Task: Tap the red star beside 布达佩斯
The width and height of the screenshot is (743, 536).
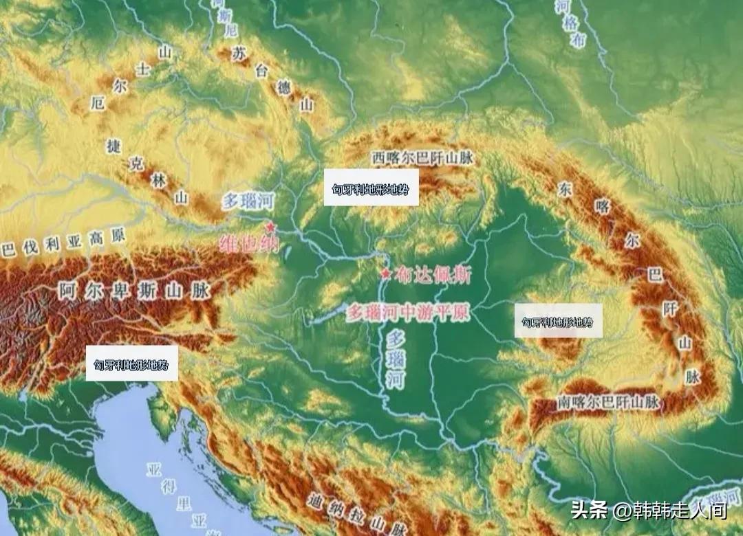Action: point(386,275)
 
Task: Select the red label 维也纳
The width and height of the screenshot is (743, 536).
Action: point(249,244)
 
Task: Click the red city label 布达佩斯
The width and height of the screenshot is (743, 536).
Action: point(433,276)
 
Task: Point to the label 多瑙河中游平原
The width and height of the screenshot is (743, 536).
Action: point(409,313)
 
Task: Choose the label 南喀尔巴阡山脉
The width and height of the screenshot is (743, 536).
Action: point(610,401)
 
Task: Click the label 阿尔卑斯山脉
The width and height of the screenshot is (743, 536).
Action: point(134,290)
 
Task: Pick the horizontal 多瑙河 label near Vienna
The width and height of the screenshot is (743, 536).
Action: point(248,201)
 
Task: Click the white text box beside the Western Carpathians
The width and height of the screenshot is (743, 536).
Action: point(371,187)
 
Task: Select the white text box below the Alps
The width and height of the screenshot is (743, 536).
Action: point(131,364)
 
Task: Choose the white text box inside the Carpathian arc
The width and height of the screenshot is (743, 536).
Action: point(558,320)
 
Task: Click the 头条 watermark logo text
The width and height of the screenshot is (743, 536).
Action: point(589,511)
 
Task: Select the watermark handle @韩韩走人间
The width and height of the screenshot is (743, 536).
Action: point(670,511)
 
